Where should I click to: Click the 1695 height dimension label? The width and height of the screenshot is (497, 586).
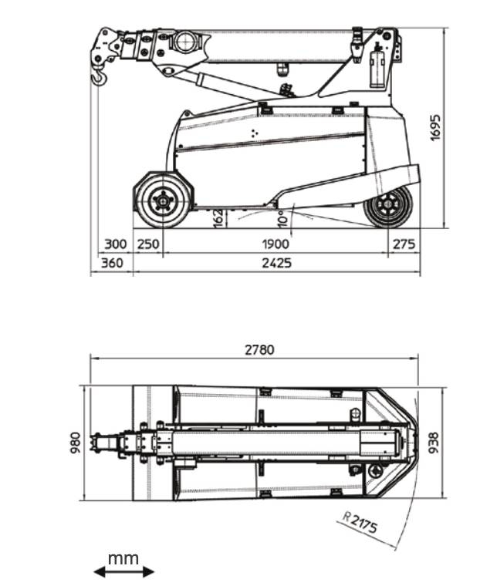pos(436,128)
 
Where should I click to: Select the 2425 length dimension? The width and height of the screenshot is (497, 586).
pos(276,264)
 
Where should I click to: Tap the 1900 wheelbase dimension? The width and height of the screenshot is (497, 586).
pos(276,244)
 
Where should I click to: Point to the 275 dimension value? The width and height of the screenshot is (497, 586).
pos(404,244)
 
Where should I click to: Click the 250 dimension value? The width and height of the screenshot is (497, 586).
pos(148,244)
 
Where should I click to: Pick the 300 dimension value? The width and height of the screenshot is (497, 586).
pos(116,244)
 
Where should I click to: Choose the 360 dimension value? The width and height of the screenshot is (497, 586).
pos(112,263)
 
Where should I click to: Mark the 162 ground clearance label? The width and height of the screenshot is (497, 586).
pos(218,217)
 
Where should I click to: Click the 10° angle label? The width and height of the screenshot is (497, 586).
pos(283,219)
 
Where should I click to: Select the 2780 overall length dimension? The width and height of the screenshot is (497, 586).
pos(259,350)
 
